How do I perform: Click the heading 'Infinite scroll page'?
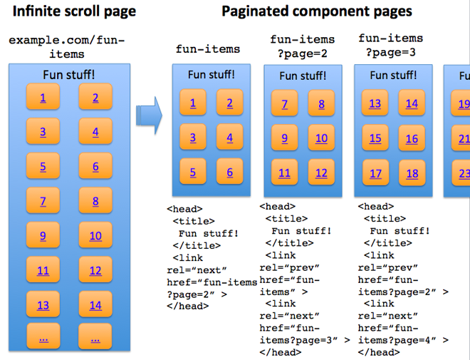[x=74, y=11]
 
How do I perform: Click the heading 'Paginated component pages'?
[x=317, y=11]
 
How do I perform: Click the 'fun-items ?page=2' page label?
[x=302, y=46]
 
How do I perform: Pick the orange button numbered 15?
[x=375, y=138]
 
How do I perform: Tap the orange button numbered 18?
[x=412, y=173]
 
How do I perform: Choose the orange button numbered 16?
[x=412, y=138]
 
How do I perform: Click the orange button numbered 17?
[x=375, y=173]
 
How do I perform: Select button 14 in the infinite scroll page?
[x=95, y=305]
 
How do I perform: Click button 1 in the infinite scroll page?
[x=43, y=98]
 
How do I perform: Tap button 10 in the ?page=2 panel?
[x=321, y=138]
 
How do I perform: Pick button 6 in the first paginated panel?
[x=229, y=172]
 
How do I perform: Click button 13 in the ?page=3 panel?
[x=375, y=104]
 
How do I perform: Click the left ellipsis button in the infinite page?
[x=43, y=339]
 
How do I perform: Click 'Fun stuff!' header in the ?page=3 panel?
[x=394, y=76]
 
